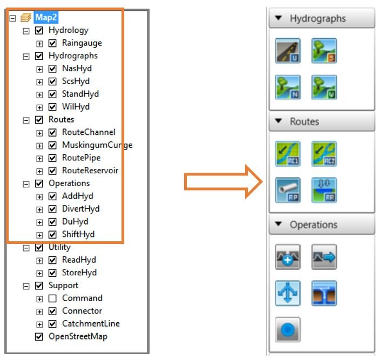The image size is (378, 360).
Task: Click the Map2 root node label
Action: click(x=47, y=17)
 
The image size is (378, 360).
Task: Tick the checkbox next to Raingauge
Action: click(x=52, y=43)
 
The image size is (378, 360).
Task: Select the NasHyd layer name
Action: click(x=77, y=69)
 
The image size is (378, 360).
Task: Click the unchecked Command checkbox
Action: click(x=52, y=298)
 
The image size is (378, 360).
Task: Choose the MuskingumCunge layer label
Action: click(x=97, y=145)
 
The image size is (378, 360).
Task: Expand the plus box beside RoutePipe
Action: click(x=39, y=158)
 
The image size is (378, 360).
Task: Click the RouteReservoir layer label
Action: click(x=90, y=171)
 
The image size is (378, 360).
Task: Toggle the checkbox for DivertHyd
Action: click(x=52, y=209)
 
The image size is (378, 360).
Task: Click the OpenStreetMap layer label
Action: click(x=78, y=336)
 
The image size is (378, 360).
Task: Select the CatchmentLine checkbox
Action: click(x=52, y=324)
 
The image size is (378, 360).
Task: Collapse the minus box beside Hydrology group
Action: click(x=26, y=31)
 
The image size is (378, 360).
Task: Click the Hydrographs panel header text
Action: click(x=318, y=18)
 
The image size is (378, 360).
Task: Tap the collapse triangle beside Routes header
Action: click(x=279, y=121)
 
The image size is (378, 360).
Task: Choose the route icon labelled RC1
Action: click(x=288, y=154)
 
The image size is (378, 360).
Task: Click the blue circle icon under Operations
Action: click(x=288, y=329)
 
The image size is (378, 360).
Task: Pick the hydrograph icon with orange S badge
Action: click(x=324, y=51)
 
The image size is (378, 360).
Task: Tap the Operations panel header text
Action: click(x=313, y=225)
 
